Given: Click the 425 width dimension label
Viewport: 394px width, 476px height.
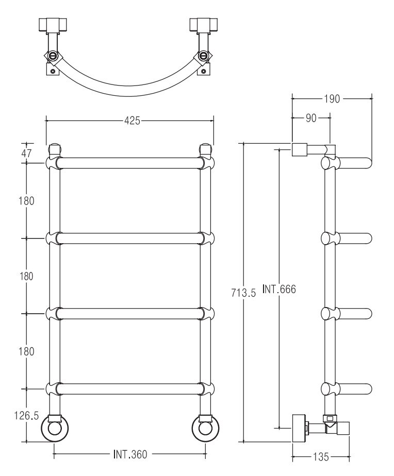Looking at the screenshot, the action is (x=132, y=121).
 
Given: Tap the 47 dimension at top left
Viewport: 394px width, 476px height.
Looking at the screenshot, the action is (x=26, y=154).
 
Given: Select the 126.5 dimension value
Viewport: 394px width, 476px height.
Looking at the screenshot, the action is (x=26, y=415).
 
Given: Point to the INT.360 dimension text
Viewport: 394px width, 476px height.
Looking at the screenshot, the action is (x=130, y=454).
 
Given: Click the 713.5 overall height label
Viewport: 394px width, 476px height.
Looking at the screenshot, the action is (x=243, y=293).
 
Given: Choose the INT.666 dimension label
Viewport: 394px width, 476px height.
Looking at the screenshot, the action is (x=279, y=289).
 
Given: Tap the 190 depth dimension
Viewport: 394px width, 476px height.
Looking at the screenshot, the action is (x=332, y=99).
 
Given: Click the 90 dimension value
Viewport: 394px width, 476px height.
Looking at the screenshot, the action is (x=311, y=118).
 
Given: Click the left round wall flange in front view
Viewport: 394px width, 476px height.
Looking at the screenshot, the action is (x=54, y=428).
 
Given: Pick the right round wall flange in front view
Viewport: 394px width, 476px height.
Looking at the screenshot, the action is (x=206, y=428).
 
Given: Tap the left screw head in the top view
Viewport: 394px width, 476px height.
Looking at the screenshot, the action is (x=54, y=56).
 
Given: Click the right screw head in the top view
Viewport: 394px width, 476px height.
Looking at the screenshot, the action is (x=203, y=56).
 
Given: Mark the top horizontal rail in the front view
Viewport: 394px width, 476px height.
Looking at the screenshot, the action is (x=130, y=163).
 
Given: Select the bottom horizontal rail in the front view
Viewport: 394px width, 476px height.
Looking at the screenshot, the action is (x=130, y=389).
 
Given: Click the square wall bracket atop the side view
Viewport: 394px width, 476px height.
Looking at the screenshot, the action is (x=299, y=150).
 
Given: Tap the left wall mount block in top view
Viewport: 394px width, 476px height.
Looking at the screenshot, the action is (x=53, y=25).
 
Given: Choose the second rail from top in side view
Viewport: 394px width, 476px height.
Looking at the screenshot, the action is (x=347, y=239).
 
